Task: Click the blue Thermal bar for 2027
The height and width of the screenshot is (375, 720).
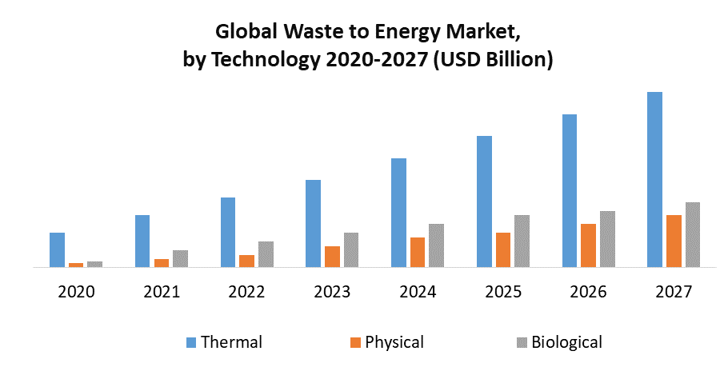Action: (654, 179)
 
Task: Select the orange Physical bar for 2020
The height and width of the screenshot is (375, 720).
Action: (76, 264)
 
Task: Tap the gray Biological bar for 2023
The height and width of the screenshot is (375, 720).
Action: (351, 249)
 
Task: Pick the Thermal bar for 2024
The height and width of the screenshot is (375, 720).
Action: (398, 212)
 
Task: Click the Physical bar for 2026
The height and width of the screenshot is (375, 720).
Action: (588, 245)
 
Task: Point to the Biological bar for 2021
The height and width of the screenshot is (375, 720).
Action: (180, 258)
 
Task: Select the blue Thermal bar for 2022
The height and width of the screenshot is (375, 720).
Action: (228, 232)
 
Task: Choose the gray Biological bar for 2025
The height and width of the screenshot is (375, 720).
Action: (522, 241)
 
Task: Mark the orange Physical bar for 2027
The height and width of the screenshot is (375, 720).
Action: (674, 241)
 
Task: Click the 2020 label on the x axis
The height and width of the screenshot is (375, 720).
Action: (76, 292)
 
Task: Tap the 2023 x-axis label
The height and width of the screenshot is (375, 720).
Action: (332, 292)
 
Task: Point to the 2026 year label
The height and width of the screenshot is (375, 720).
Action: (588, 292)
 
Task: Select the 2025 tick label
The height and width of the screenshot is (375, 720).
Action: (503, 292)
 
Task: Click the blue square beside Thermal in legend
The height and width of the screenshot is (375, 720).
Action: (191, 342)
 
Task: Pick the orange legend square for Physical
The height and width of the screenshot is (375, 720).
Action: (356, 342)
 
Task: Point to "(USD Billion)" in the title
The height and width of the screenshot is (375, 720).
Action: (493, 60)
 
